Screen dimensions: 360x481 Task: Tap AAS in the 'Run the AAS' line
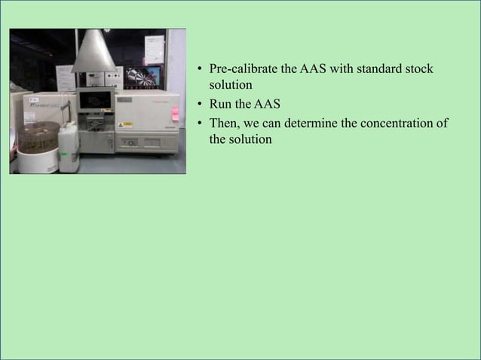(268, 104)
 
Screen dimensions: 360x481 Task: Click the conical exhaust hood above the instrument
(94, 52)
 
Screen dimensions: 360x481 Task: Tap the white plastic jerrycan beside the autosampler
(69, 147)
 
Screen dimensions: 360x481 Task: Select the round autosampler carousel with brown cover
(39, 139)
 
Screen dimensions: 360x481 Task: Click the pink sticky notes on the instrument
(175, 113)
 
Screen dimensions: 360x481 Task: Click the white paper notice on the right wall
(155, 49)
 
